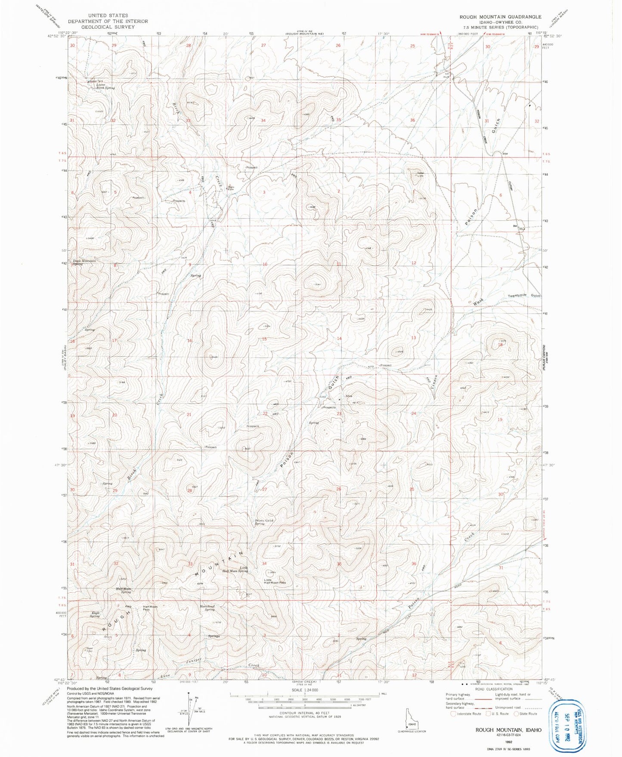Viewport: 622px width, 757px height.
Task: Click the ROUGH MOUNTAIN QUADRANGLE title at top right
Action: pyautogui.click(x=500, y=17)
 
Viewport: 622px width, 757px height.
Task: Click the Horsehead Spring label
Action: pyautogui.click(x=207, y=608)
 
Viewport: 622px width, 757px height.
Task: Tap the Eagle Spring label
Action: pyautogui.click(x=95, y=615)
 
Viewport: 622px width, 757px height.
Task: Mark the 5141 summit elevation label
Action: pyautogui.click(x=318, y=284)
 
